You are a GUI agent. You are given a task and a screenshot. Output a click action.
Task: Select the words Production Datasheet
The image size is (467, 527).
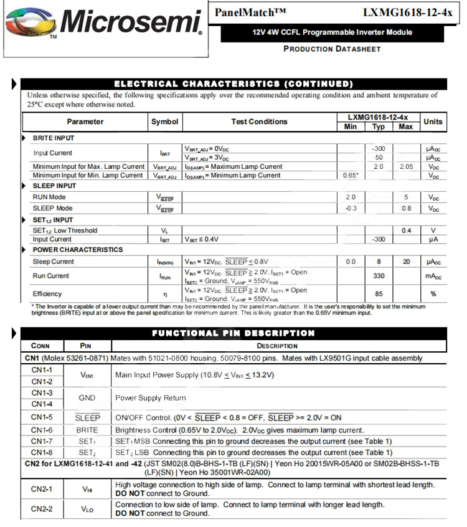332,49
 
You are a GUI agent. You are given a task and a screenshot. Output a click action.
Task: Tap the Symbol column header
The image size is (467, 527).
164,121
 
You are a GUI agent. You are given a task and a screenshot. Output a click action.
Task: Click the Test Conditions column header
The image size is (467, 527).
259,121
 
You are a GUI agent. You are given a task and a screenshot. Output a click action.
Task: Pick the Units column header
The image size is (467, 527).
433,121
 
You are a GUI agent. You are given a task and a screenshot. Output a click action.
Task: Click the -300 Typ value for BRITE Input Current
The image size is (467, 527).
378,149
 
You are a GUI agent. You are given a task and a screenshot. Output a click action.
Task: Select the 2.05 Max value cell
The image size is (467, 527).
406,166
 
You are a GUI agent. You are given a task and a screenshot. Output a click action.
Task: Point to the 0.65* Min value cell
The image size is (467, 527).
351,176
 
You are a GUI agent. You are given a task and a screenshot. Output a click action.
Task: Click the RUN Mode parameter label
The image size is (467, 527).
49,197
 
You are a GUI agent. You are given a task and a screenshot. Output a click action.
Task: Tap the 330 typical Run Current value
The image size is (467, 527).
378,276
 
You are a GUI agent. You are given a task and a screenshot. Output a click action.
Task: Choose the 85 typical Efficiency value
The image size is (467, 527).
378,294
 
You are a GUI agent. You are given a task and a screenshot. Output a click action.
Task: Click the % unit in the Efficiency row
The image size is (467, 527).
433,294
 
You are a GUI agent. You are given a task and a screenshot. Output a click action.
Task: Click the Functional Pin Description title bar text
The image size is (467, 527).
233,333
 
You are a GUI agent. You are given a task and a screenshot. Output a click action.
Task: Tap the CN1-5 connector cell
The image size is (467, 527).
43,417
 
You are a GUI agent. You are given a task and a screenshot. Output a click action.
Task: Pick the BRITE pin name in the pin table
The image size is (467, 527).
87,430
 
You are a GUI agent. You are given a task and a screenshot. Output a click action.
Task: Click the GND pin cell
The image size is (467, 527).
87,397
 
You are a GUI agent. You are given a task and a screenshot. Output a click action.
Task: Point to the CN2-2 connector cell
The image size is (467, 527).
43,509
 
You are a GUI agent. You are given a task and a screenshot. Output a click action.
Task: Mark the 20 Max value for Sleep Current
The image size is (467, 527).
406,262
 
